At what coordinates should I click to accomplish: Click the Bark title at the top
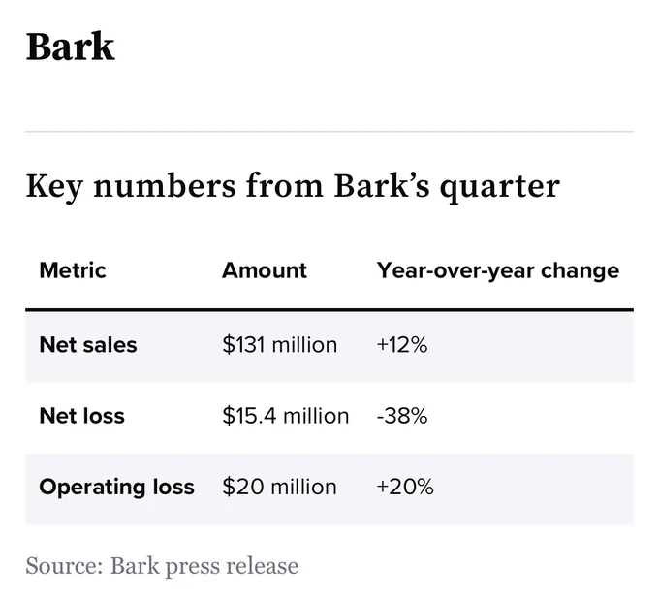coord(70,47)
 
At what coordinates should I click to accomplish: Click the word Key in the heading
coord(54,187)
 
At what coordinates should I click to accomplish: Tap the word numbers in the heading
coord(165,185)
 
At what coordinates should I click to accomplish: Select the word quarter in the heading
coord(500,187)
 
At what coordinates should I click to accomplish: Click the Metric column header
coord(73,270)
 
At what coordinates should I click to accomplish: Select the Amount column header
coord(265,270)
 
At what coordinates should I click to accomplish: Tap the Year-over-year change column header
coord(498,271)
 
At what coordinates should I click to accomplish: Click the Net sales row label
coord(88,345)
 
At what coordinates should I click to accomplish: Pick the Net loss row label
coord(82,416)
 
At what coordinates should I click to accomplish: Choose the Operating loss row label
coord(117,488)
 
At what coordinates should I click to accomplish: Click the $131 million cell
coord(280,345)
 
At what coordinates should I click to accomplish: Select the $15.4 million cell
coord(286,416)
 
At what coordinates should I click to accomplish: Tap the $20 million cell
coord(280,487)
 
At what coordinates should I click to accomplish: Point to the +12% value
coord(402,345)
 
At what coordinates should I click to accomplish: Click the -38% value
coord(402,416)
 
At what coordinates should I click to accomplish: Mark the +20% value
coord(405,487)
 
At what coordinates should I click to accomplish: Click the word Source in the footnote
coord(64,566)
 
